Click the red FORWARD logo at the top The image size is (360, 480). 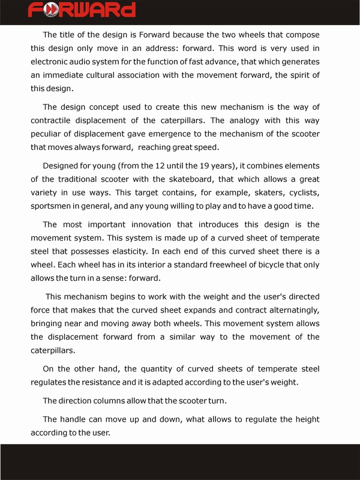point(82,10)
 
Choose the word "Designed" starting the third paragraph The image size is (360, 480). point(62,166)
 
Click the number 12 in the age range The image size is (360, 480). point(160,166)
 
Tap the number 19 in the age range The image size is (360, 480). point(201,166)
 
